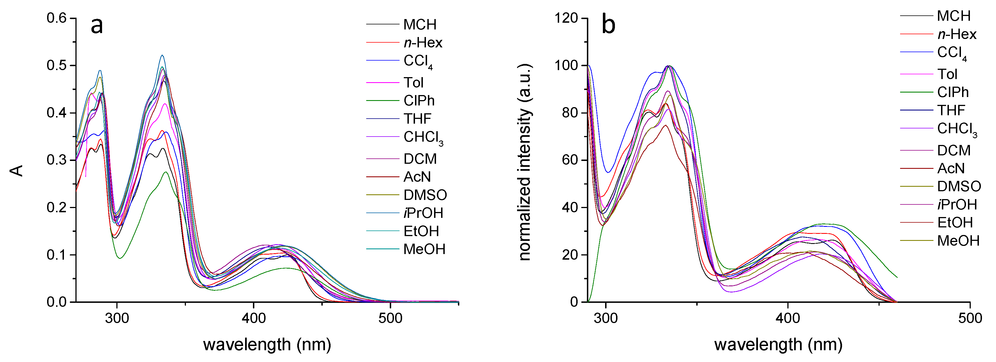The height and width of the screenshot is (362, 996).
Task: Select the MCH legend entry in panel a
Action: coord(419,24)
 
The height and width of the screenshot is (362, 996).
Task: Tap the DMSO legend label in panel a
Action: coord(425,195)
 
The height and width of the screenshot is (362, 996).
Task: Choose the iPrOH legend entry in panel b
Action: coord(957,204)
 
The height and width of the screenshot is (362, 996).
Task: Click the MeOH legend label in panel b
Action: coord(958,241)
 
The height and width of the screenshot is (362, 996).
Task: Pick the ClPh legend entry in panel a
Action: coord(419,101)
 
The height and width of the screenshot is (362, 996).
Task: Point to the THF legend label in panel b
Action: coord(951,110)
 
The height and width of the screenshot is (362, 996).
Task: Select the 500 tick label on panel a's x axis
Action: coord(390,318)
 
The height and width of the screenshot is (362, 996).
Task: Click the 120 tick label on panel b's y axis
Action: coord(566,18)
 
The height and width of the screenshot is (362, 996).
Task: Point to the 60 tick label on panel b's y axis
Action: coord(570,160)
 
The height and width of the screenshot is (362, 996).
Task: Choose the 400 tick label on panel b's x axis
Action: coord(788,318)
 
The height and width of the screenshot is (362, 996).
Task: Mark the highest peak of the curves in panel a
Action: coord(162,55)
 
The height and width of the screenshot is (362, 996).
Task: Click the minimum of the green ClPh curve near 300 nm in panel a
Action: coord(120,258)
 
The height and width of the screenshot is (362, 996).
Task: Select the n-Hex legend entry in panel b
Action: coord(957,34)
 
